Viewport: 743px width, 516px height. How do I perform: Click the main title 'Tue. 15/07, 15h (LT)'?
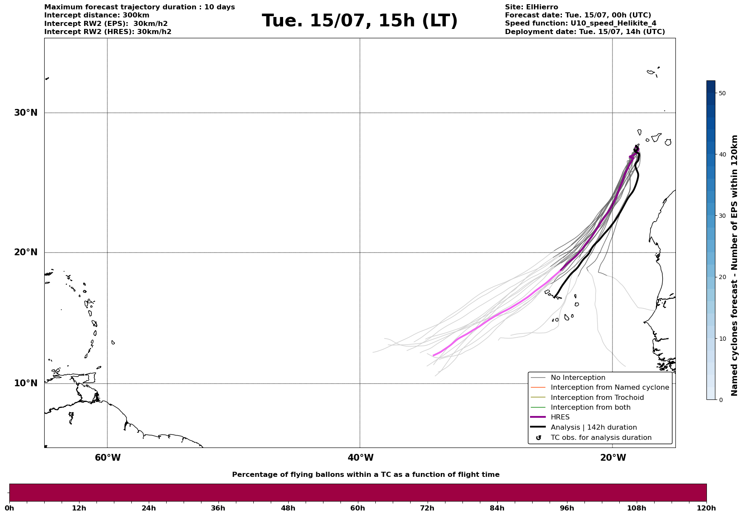click(x=360, y=21)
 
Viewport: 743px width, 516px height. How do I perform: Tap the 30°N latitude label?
click(x=26, y=113)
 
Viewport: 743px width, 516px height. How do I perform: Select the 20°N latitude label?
click(x=26, y=252)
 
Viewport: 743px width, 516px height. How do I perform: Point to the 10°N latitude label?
click(x=26, y=383)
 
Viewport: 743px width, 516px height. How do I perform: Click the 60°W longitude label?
click(x=108, y=458)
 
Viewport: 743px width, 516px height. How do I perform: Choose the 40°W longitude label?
click(x=360, y=458)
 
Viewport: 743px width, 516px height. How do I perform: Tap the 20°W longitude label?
click(x=613, y=458)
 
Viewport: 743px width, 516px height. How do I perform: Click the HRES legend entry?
click(x=560, y=417)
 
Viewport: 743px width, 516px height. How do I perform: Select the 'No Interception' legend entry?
click(x=578, y=378)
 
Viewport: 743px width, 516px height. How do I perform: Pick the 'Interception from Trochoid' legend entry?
click(x=597, y=398)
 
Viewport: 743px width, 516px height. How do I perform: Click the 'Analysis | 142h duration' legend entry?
click(x=593, y=428)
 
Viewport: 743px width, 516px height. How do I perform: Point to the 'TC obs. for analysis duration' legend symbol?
click(x=539, y=438)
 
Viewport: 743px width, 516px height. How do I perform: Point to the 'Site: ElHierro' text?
click(x=531, y=7)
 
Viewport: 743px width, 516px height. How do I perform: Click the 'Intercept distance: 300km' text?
click(x=97, y=15)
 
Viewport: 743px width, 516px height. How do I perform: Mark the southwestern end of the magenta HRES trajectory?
click(x=434, y=356)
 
